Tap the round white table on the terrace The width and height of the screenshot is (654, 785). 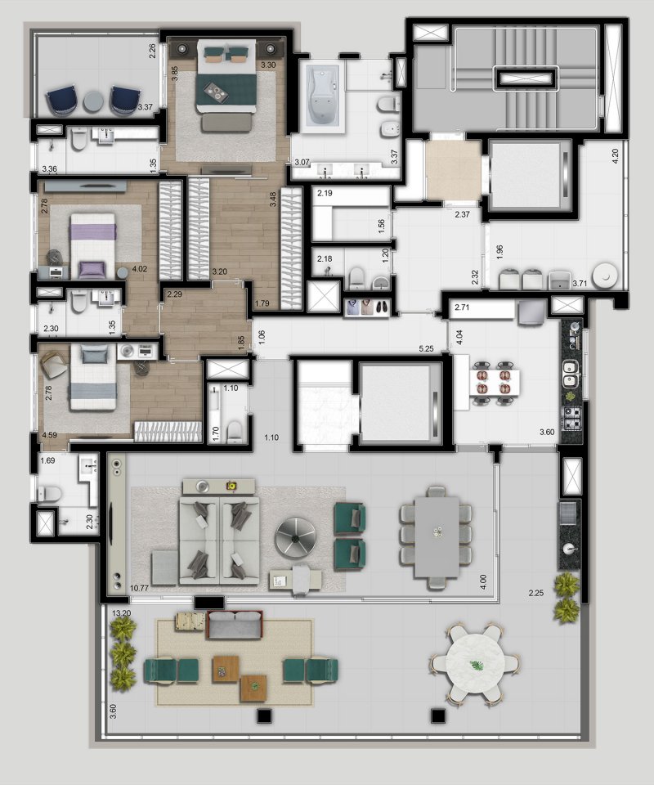click(474, 664)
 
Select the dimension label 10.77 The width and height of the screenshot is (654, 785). click(139, 588)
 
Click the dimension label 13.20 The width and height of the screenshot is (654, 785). click(121, 612)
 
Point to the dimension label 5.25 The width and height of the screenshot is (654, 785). click(426, 349)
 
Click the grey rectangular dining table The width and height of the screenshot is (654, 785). click(437, 536)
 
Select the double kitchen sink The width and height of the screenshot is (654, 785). click(571, 374)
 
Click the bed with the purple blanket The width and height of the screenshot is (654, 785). click(93, 245)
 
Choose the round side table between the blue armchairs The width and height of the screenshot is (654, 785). click(93, 101)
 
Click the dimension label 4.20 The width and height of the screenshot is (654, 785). click(616, 156)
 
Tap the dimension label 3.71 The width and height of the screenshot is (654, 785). click(580, 284)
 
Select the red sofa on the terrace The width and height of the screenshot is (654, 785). click(235, 625)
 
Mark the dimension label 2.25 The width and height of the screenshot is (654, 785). click(536, 594)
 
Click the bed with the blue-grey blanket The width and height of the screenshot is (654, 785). click(93, 376)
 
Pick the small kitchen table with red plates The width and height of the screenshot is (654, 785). click(494, 382)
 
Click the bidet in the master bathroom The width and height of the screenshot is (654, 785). click(390, 129)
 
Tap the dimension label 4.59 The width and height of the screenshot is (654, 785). click(50, 435)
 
